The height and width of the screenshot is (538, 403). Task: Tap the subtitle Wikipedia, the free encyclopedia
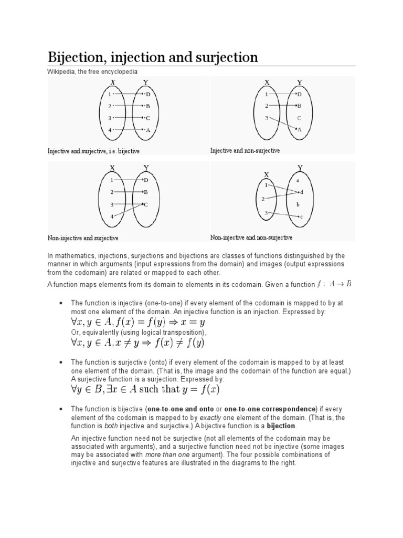coord(93,71)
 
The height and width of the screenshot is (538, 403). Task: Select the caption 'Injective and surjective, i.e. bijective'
coord(94,151)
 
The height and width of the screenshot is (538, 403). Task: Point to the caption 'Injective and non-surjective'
coord(245,151)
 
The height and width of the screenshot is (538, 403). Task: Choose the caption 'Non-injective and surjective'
coord(83,238)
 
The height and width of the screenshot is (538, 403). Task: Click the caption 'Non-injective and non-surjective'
coord(251,237)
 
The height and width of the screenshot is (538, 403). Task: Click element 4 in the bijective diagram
coord(110,130)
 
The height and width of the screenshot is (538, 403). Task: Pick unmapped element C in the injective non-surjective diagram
coord(299,118)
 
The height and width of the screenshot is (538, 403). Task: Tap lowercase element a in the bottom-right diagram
coord(298,180)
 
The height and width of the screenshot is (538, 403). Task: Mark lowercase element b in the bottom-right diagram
coord(298,204)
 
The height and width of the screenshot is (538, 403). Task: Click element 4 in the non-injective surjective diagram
coord(111,216)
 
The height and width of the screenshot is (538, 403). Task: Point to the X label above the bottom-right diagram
coord(266,174)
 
